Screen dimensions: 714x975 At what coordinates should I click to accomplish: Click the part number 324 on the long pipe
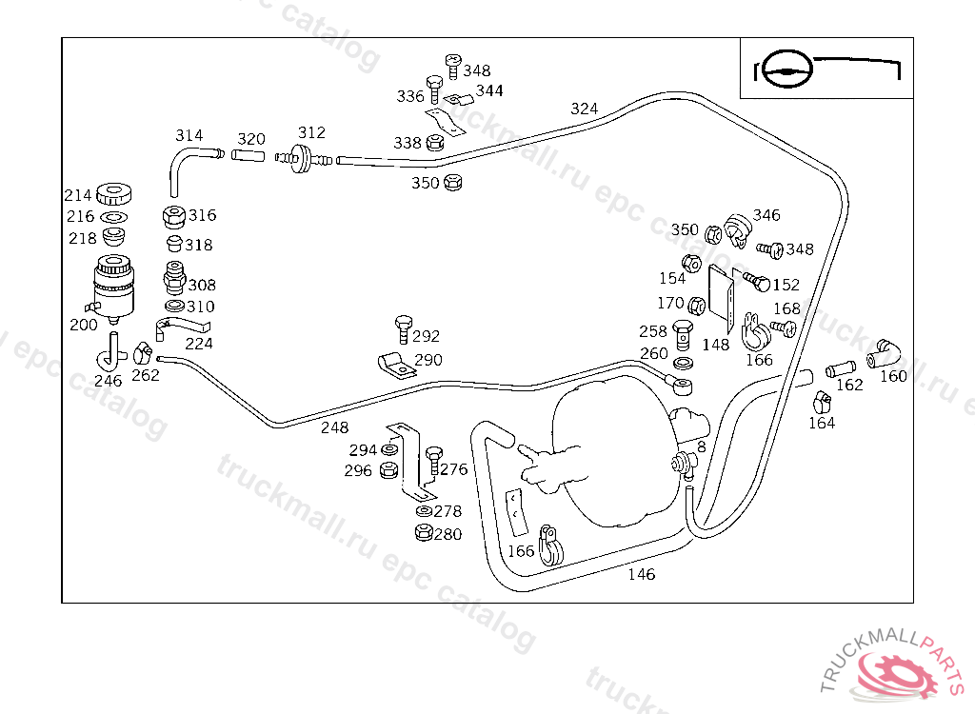585,109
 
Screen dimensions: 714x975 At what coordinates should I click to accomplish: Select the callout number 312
311,132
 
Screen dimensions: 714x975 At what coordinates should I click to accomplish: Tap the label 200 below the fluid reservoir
84,325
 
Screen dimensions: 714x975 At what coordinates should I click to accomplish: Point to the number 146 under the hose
642,574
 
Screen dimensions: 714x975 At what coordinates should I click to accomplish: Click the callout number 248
334,427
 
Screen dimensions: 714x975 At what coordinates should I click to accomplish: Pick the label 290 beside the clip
428,360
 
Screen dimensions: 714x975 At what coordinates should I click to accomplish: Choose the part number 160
893,375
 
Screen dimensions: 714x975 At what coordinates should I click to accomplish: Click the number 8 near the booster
701,446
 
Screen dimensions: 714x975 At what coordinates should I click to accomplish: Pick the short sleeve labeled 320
249,154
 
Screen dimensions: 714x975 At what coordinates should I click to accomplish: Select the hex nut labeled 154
692,262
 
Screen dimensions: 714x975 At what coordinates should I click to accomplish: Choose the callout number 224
199,344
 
